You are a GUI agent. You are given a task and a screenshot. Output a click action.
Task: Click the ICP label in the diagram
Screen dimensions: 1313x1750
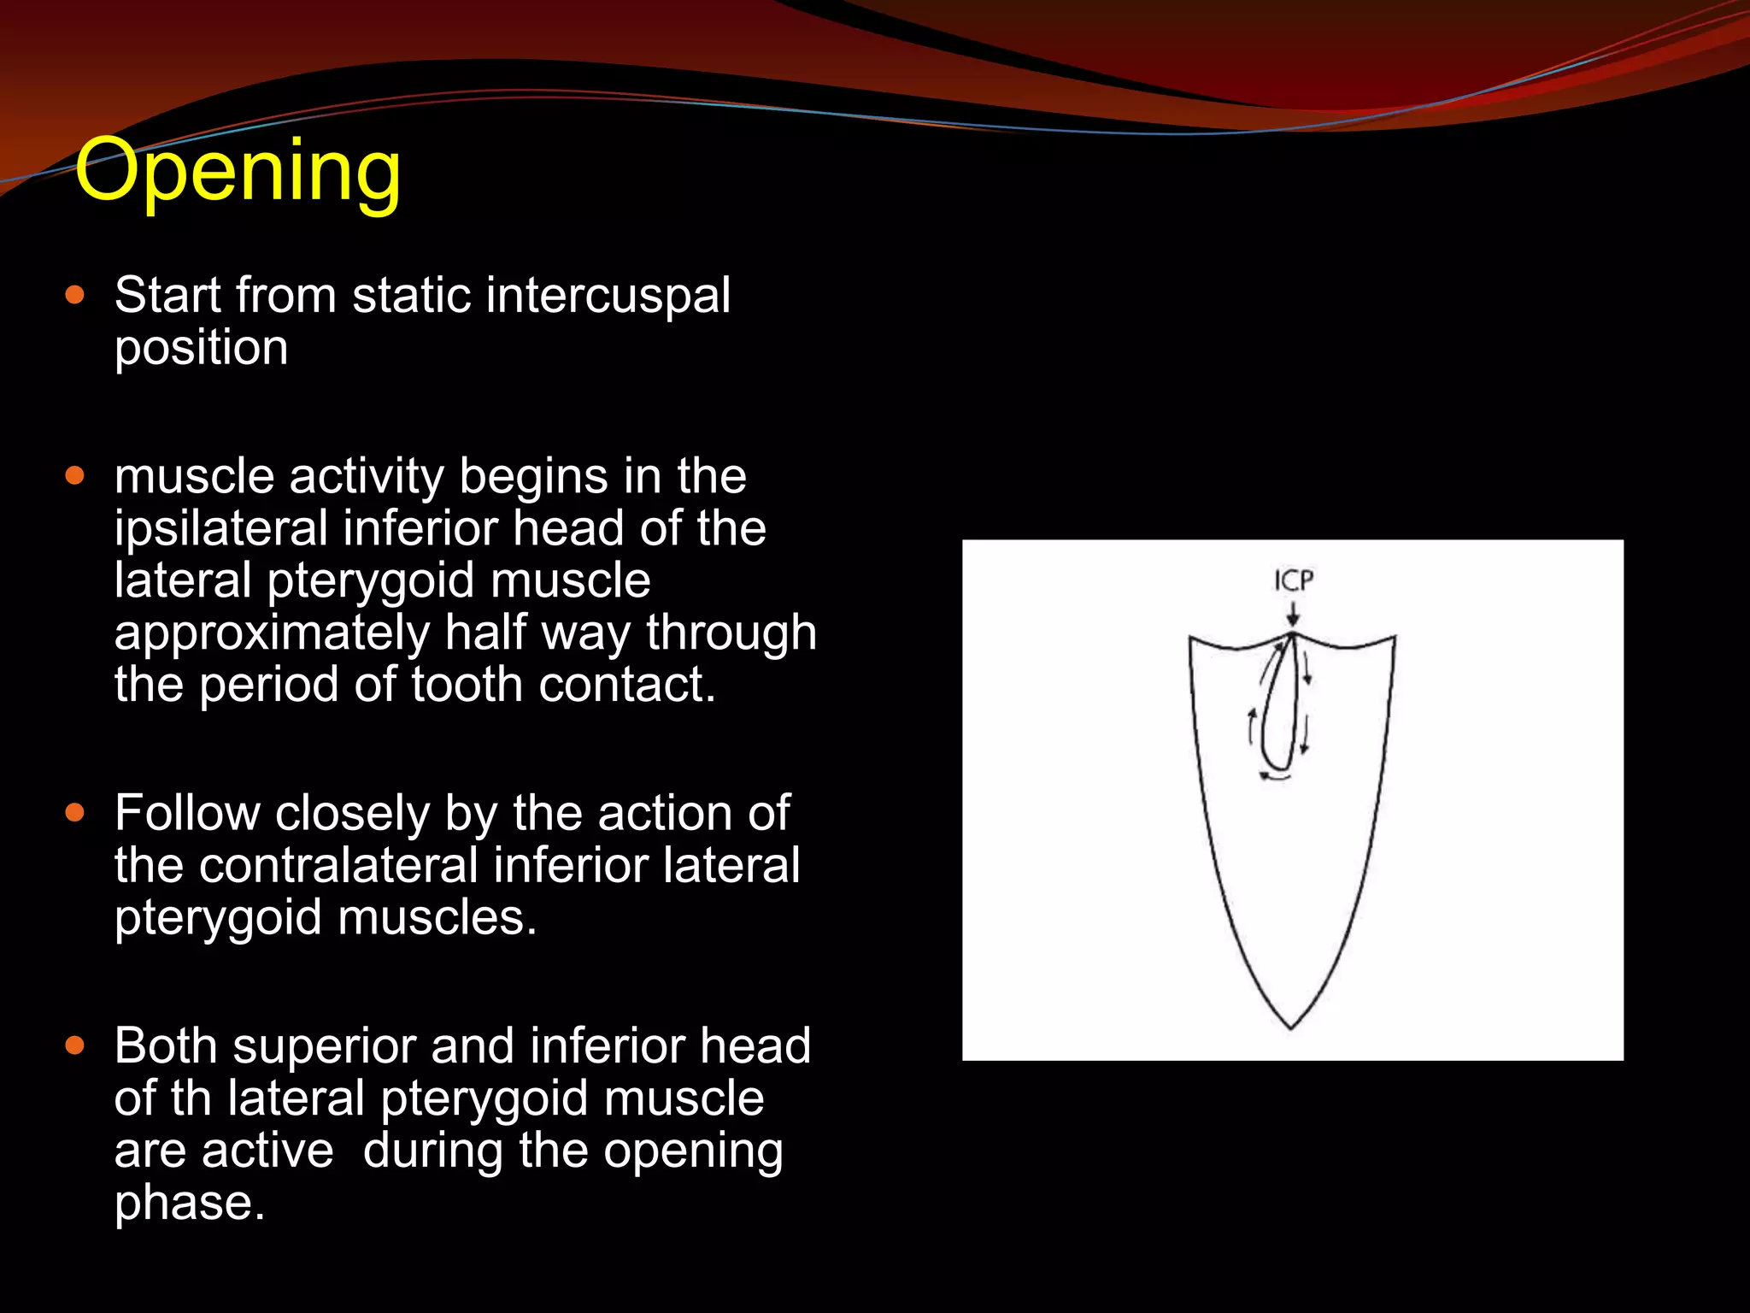[x=1294, y=581]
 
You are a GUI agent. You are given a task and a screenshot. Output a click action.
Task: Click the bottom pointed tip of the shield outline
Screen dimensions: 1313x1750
[x=1291, y=1027]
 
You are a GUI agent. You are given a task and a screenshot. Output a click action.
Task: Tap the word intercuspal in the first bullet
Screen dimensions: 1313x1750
[x=608, y=295]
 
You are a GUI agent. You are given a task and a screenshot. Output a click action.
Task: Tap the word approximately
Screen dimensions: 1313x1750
[x=272, y=633]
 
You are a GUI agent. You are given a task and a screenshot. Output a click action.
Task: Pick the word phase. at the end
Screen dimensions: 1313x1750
[x=190, y=1202]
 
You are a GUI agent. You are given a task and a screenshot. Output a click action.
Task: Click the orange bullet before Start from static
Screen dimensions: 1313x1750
[x=75, y=296]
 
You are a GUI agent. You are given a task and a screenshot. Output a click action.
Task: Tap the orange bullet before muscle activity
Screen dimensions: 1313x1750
[x=75, y=476]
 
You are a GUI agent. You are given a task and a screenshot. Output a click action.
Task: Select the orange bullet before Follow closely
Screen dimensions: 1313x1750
[x=75, y=813]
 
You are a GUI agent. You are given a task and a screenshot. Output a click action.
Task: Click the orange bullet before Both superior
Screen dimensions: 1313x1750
[x=75, y=1045]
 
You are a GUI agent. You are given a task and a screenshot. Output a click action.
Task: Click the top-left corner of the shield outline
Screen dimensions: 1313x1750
[x=1190, y=638]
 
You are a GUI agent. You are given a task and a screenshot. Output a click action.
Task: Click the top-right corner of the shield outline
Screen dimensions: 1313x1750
[x=1395, y=637]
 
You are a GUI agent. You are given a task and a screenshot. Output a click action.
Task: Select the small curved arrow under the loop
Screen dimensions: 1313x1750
[x=1273, y=777]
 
